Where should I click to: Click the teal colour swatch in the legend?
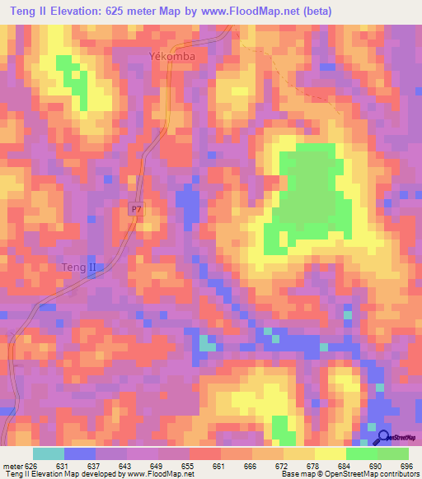coord(48,453)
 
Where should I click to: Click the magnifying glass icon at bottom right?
coord(384,437)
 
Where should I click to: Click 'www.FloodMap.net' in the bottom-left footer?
coord(159,474)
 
